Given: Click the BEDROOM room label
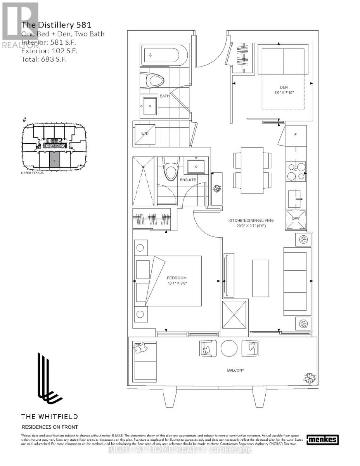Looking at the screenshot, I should coord(177,278).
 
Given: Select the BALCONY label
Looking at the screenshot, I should coord(236,370).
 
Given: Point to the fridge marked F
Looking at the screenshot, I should coord(296,135).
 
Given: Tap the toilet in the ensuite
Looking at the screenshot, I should coord(170,169).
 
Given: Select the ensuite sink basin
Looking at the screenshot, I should coord(196,167).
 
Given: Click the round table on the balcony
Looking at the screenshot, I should coord(229,348).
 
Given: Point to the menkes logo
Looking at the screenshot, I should coord(322,440).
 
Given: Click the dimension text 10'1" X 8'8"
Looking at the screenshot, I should coord(177,283).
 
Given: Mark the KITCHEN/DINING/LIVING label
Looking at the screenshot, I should coord(251,220).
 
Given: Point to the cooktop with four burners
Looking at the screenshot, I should coord(296,171).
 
